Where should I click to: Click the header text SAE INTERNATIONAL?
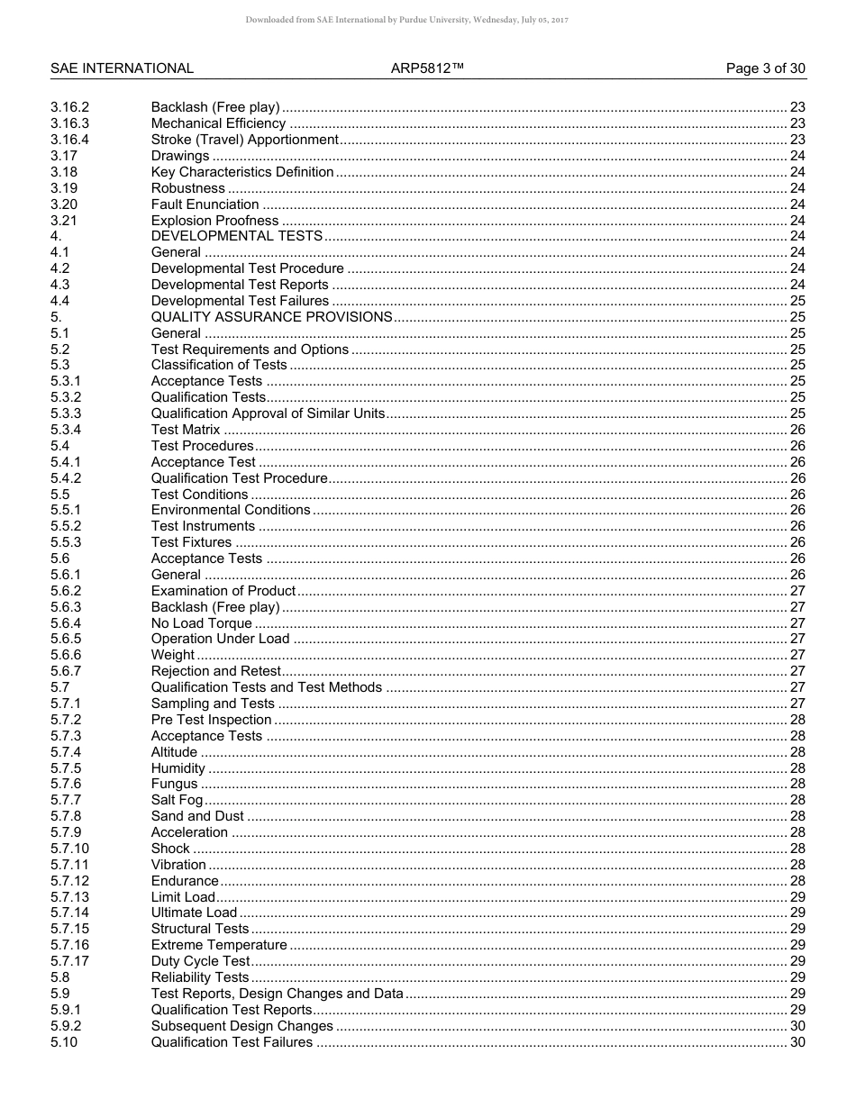click(122, 68)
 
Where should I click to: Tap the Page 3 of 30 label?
click(766, 68)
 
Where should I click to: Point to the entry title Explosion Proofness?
click(214, 221)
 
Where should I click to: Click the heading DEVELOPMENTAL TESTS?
click(236, 236)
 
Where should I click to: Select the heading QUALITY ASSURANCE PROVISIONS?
click(271, 317)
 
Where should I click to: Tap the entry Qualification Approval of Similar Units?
click(268, 413)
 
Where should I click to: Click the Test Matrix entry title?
click(185, 430)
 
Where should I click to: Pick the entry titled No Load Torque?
click(201, 623)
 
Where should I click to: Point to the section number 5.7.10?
click(69, 849)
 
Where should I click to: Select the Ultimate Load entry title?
click(194, 913)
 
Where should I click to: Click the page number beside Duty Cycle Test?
click(797, 961)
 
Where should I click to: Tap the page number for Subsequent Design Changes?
click(797, 1026)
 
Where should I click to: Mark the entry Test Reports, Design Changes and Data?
click(277, 994)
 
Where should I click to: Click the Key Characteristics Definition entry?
click(242, 172)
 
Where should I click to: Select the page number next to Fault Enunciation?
click(797, 204)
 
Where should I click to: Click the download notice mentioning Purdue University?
click(406, 20)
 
